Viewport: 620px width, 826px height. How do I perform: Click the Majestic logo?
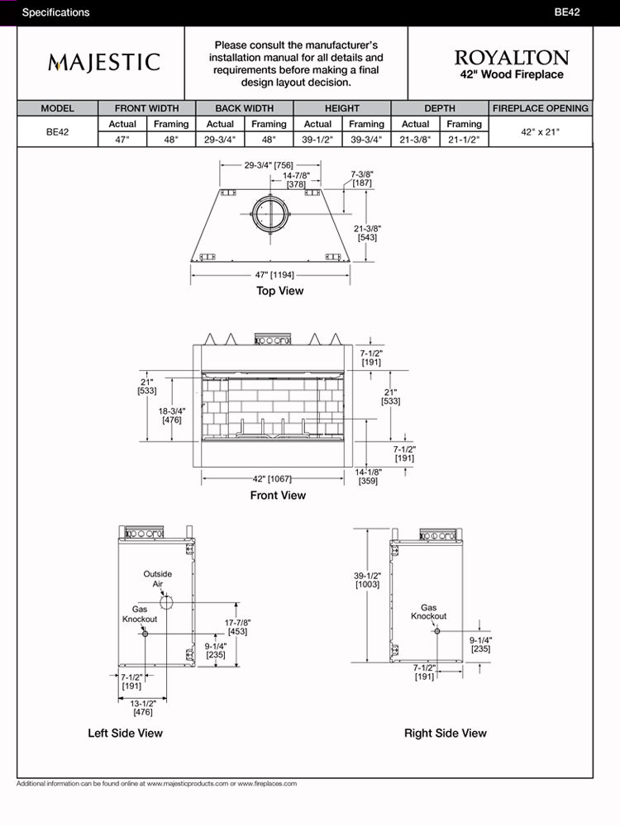pyautogui.click(x=104, y=63)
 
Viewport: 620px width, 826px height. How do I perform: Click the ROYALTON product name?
pyautogui.click(x=511, y=58)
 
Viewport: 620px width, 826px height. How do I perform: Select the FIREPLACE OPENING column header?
pyautogui.click(x=541, y=108)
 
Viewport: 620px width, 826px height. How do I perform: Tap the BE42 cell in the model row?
pyautogui.click(x=57, y=131)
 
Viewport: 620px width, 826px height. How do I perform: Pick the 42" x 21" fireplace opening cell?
pyautogui.click(x=541, y=131)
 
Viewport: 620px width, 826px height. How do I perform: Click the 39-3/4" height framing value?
pyautogui.click(x=366, y=140)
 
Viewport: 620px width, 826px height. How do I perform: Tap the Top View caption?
pyautogui.click(x=279, y=291)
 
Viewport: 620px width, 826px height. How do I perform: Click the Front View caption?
pyautogui.click(x=278, y=496)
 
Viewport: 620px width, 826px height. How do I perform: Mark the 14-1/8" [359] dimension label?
pyautogui.click(x=369, y=477)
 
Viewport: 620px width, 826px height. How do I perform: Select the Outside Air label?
pyautogui.click(x=157, y=578)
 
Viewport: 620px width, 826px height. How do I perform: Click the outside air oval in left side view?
pyautogui.click(x=166, y=603)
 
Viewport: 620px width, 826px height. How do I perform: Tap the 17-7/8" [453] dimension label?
pyautogui.click(x=237, y=627)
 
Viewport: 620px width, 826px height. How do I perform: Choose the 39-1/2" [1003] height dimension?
pyautogui.click(x=367, y=580)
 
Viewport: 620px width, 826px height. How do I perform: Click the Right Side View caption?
pyautogui.click(x=446, y=733)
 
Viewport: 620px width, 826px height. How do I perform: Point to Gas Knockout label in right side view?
pyautogui.click(x=429, y=611)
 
